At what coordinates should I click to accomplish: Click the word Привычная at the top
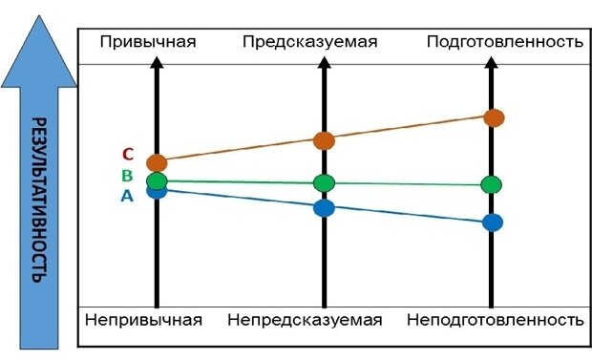148,42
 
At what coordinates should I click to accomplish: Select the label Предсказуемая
310,42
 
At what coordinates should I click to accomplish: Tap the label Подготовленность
504,42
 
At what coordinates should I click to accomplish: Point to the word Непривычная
143,319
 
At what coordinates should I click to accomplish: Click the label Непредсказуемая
305,319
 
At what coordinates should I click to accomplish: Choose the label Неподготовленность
495,319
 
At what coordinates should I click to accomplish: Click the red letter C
127,155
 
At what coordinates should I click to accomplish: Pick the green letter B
127,176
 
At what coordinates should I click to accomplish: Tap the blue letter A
127,196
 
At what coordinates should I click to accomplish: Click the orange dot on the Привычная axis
157,163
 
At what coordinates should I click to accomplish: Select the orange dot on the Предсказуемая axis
325,140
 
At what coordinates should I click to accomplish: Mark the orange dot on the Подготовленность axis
494,117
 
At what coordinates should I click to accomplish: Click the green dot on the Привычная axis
157,180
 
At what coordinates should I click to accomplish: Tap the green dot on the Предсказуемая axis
325,182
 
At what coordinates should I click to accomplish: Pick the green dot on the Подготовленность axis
493,184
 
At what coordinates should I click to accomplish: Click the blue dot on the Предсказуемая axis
325,207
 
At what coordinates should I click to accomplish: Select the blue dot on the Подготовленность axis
493,222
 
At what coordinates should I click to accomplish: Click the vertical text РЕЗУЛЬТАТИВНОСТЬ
39,201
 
